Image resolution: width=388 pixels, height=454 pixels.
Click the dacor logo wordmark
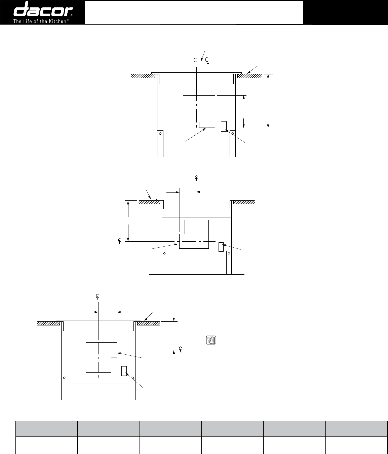click(43, 9)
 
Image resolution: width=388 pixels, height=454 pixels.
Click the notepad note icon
click(211, 340)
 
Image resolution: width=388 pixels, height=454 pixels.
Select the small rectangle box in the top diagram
click(224, 126)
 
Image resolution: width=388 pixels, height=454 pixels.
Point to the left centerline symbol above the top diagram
click(195, 61)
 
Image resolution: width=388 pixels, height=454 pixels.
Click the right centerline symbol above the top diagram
click(207, 60)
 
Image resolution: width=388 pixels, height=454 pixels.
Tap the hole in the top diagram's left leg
click(160, 133)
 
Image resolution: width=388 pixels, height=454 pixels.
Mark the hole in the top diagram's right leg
click(233, 133)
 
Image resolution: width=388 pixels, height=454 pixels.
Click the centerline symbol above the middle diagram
click(196, 178)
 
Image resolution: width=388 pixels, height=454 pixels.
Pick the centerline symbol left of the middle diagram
click(120, 241)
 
